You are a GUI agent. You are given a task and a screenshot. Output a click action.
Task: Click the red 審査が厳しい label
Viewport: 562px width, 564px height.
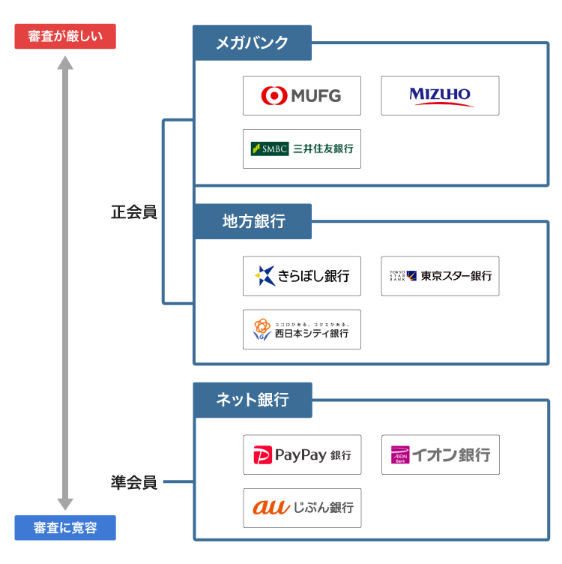[x=65, y=37]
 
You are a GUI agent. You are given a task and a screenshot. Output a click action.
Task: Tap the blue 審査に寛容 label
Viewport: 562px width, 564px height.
[x=65, y=528]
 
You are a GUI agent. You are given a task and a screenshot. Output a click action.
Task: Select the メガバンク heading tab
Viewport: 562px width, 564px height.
[x=252, y=43]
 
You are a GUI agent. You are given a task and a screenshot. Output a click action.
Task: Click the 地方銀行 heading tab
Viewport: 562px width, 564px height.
[x=252, y=221]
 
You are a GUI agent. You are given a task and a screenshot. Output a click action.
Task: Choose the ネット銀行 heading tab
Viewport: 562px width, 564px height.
[x=252, y=400]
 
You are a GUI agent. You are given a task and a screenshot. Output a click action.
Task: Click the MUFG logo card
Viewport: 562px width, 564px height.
[x=301, y=95]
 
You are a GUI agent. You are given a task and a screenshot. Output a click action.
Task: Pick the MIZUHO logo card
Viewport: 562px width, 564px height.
[x=440, y=95]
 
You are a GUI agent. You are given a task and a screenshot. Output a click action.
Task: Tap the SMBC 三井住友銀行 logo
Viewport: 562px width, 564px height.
[x=301, y=148]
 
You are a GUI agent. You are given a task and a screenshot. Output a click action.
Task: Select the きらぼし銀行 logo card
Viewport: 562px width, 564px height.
[x=301, y=276]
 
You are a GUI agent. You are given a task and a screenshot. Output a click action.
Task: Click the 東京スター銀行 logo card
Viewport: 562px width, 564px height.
[x=440, y=276]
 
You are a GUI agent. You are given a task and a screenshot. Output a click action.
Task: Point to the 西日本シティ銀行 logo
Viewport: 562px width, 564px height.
[x=301, y=329]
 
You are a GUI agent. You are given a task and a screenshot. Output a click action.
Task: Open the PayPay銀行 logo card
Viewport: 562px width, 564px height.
[x=301, y=454]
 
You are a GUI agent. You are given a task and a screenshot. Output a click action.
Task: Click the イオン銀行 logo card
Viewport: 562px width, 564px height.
[x=440, y=454]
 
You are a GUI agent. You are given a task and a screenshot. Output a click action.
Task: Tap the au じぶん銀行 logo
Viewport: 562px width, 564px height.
[x=301, y=508]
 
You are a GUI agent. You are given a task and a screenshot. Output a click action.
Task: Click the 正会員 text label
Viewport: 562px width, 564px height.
[x=134, y=213]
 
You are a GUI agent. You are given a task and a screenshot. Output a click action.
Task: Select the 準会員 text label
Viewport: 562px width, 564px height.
[x=134, y=482]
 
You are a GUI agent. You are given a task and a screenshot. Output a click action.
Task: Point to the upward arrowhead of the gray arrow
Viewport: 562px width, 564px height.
[x=66, y=64]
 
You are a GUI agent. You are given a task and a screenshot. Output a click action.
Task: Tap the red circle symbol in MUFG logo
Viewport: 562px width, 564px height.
[x=274, y=95]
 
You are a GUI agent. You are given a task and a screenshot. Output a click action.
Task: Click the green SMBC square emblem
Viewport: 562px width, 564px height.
[x=256, y=148]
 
